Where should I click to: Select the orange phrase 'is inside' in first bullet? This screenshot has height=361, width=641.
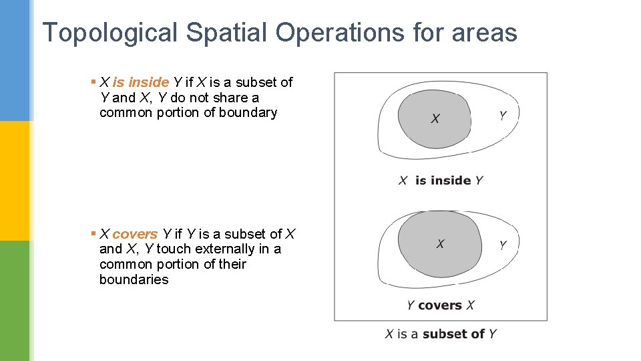coord(140,82)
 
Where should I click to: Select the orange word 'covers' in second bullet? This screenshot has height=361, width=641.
coord(135,234)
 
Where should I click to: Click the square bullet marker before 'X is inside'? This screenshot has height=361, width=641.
coord(93,82)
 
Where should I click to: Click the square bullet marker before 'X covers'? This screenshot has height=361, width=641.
coord(93,233)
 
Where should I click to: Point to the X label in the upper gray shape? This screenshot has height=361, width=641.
coord(435,118)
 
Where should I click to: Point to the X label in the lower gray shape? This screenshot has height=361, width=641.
coord(440,244)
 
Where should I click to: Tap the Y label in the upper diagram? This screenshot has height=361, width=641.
coord(503,116)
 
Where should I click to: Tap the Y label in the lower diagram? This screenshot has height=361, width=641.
coord(503,245)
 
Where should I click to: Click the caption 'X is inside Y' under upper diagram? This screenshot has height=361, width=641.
coord(441,180)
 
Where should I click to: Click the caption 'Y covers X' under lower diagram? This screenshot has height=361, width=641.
coord(441,306)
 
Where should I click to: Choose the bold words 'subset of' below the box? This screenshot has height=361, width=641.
coord(454,334)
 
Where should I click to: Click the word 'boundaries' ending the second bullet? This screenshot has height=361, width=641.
coord(134,279)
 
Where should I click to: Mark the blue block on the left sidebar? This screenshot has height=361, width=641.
coord(15,60)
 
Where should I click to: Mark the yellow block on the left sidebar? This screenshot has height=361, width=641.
coord(15,180)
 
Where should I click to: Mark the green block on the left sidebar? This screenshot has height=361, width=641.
coord(15,301)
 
